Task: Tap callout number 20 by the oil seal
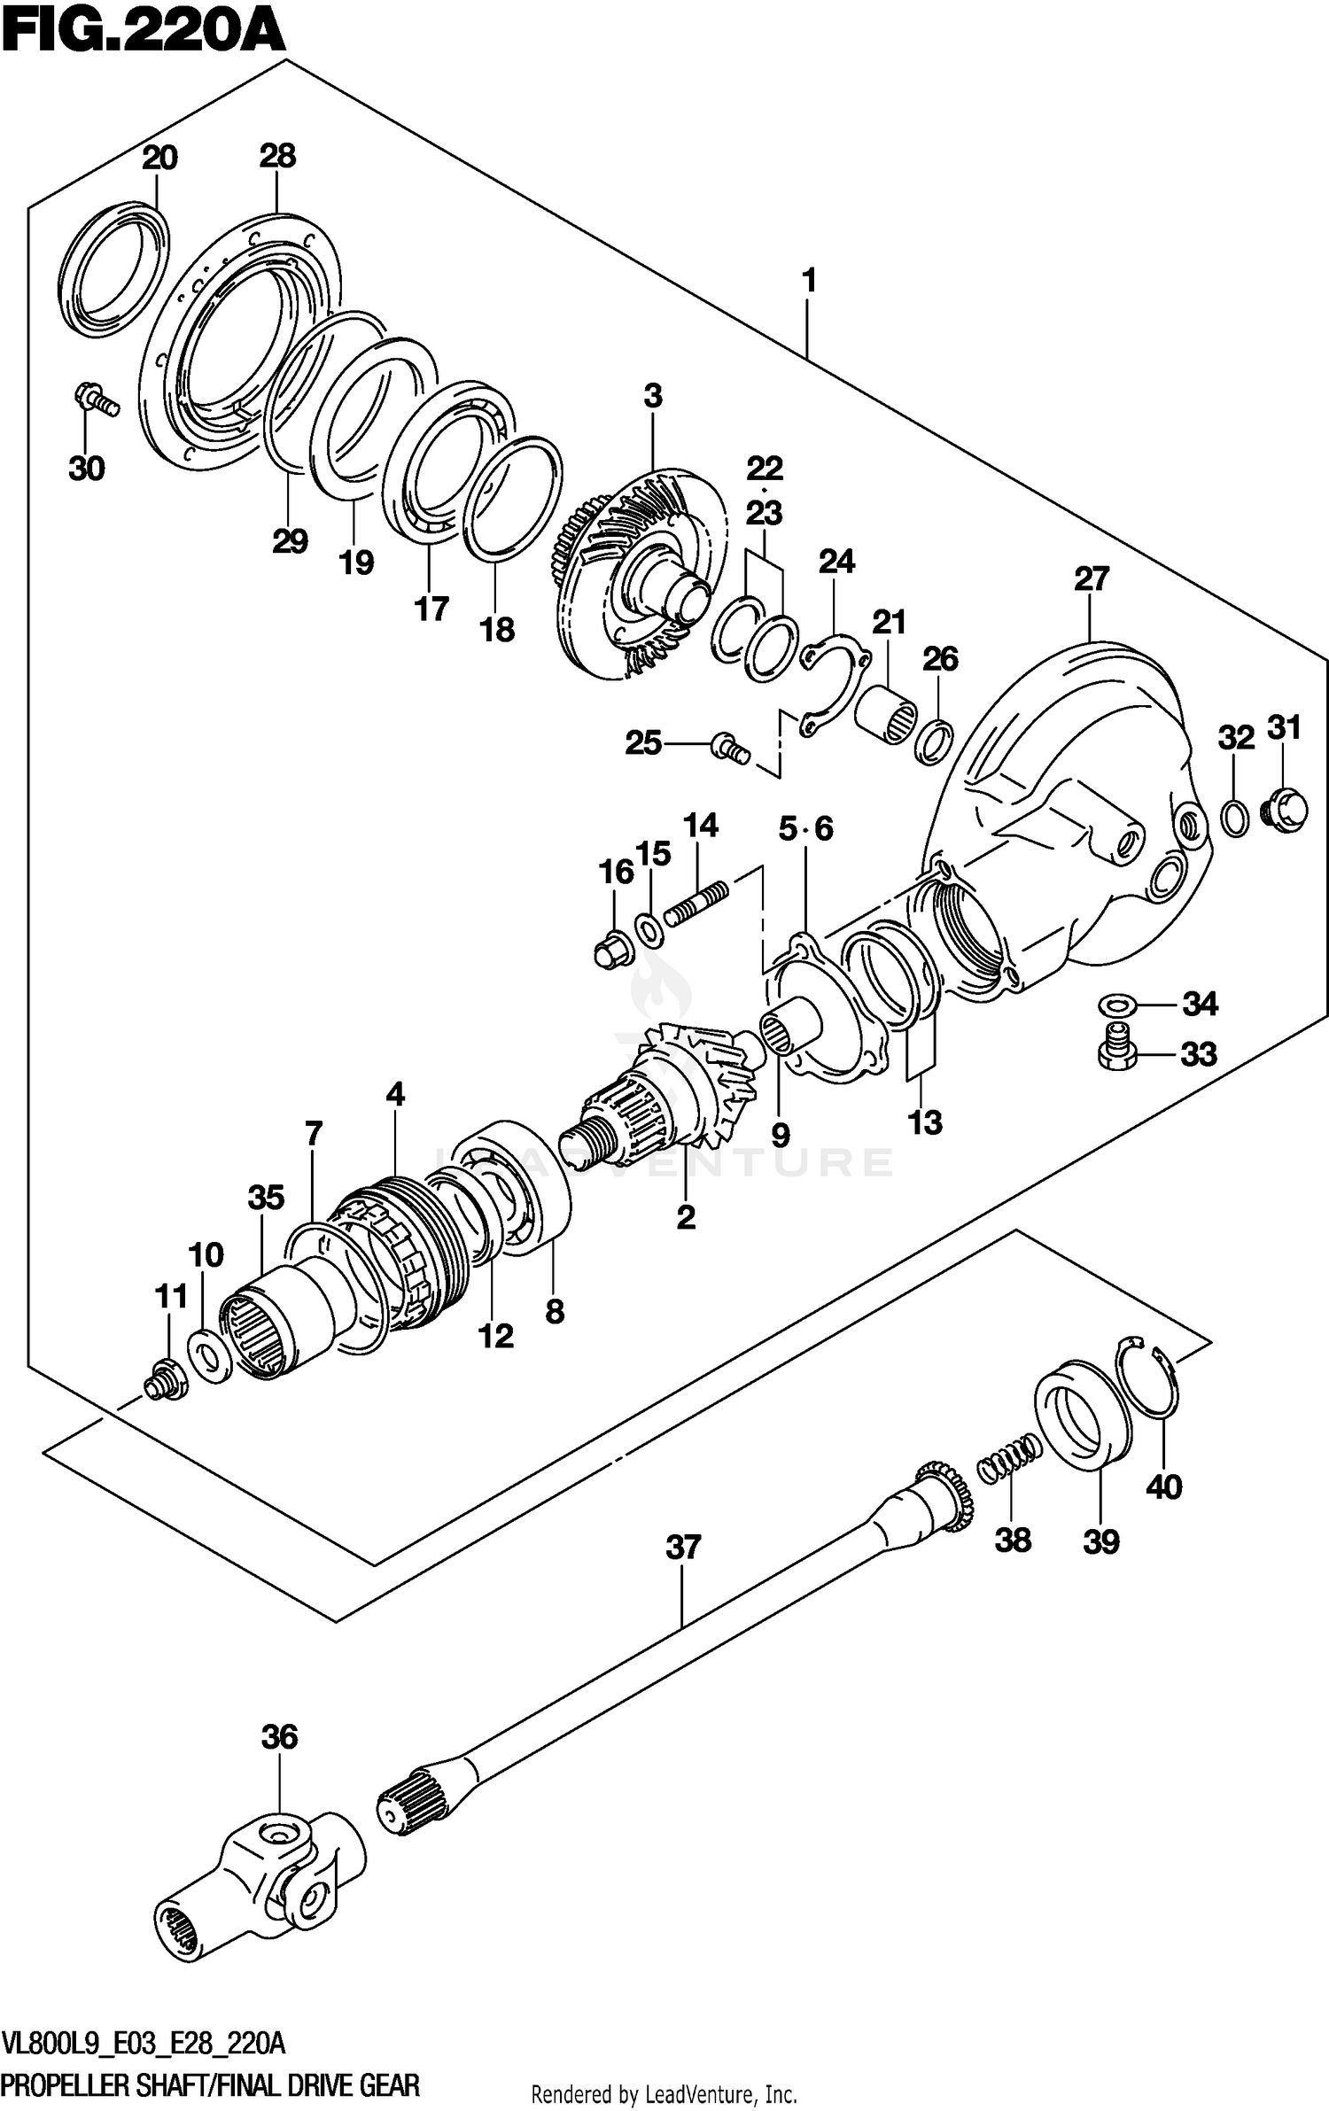pos(159,159)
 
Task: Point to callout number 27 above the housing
pos(1092,579)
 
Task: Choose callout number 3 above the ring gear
pos(653,396)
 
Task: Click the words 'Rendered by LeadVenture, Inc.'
pos(664,2087)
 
